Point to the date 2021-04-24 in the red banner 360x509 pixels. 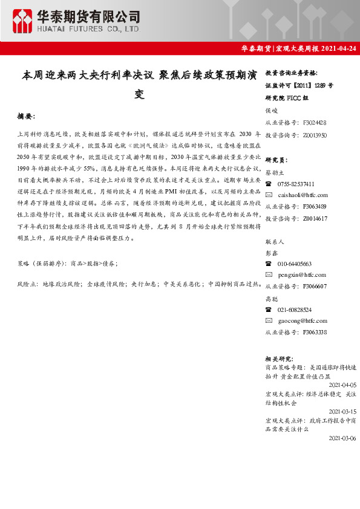click(339, 48)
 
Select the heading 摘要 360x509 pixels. click(27, 115)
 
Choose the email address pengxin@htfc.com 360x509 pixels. click(303, 275)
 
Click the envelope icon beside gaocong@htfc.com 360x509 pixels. click(269, 321)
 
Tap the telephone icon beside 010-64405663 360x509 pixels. click(269, 264)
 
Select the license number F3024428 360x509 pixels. click(315, 122)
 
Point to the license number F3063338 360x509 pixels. click(315, 332)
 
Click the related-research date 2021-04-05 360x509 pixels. click(342, 384)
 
